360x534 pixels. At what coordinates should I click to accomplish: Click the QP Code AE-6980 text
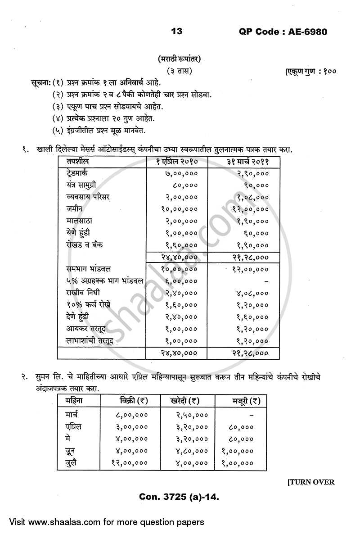click(x=282, y=32)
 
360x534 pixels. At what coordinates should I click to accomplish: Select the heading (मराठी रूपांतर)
click(x=179, y=59)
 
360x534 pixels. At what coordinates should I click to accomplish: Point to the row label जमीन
click(x=74, y=209)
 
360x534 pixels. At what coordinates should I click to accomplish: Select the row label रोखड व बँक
click(x=83, y=245)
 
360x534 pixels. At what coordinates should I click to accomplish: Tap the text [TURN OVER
click(x=310, y=482)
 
